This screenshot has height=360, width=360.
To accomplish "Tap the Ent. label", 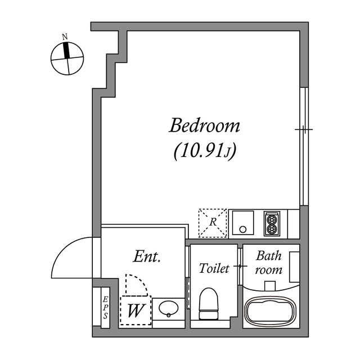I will (x=148, y=258).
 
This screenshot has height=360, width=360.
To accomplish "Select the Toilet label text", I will (x=214, y=269).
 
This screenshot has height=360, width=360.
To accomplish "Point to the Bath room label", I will (x=269, y=262).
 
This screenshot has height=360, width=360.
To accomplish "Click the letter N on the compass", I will (x=65, y=37).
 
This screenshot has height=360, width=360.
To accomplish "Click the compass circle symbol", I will (x=67, y=58).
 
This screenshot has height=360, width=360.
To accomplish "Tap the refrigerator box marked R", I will (x=213, y=223).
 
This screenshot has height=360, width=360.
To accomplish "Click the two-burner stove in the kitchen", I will (x=272, y=223).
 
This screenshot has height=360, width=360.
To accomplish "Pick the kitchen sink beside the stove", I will (x=243, y=223).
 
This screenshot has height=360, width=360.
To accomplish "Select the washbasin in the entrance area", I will (x=168, y=309).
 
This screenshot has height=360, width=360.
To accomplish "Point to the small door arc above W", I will (x=136, y=285).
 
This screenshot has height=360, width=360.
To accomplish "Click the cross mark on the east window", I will (x=304, y=129).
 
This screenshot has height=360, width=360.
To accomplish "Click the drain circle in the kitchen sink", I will (x=243, y=229).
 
